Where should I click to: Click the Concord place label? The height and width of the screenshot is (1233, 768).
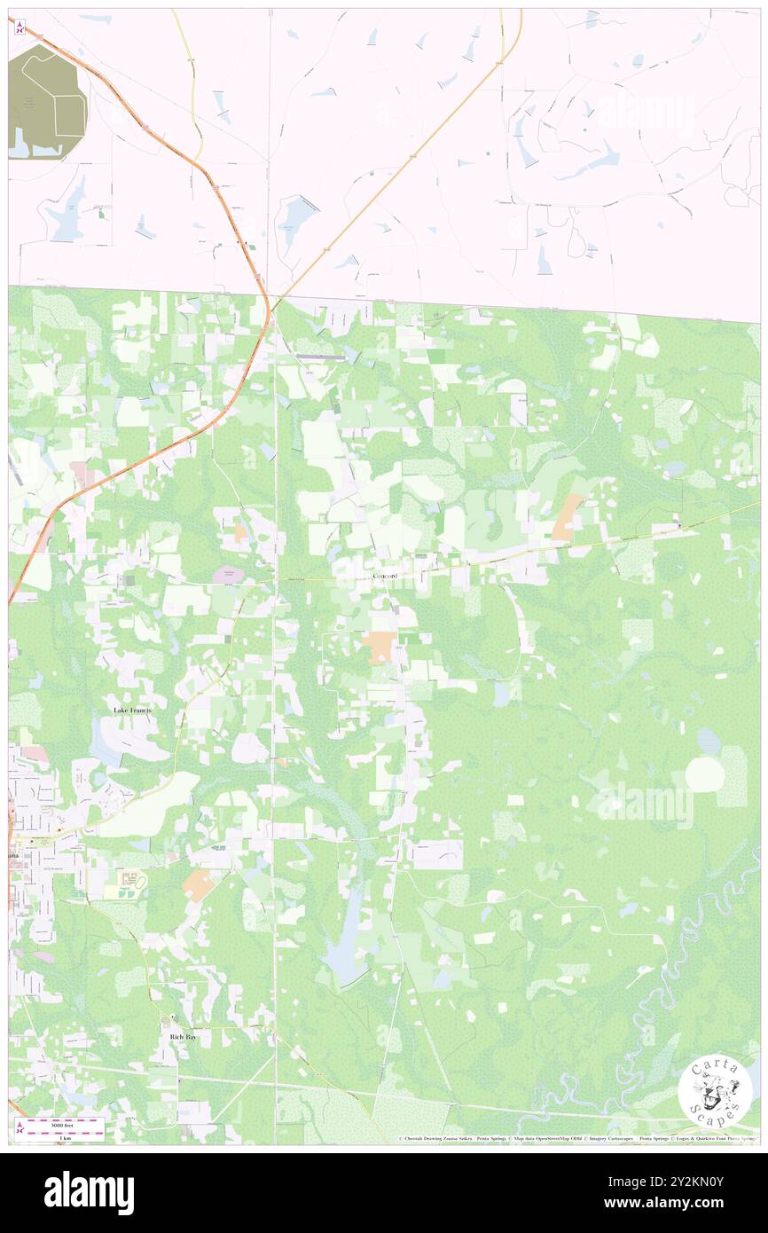tap(385, 577)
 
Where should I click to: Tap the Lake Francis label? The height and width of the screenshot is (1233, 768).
tap(137, 711)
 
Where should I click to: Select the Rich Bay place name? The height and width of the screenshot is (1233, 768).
tap(182, 1035)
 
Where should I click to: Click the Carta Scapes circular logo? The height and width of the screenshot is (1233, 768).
tap(714, 1090)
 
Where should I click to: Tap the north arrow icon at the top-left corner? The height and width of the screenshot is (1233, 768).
tap(20, 27)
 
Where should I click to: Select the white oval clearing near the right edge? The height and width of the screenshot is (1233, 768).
tap(705, 774)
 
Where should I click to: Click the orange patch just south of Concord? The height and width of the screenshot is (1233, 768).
tap(380, 646)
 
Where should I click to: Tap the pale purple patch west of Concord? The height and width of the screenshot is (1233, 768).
tap(228, 575)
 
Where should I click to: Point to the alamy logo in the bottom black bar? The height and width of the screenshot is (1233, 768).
tap(89, 1191)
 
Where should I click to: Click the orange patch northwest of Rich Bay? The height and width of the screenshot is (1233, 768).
tap(196, 884)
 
